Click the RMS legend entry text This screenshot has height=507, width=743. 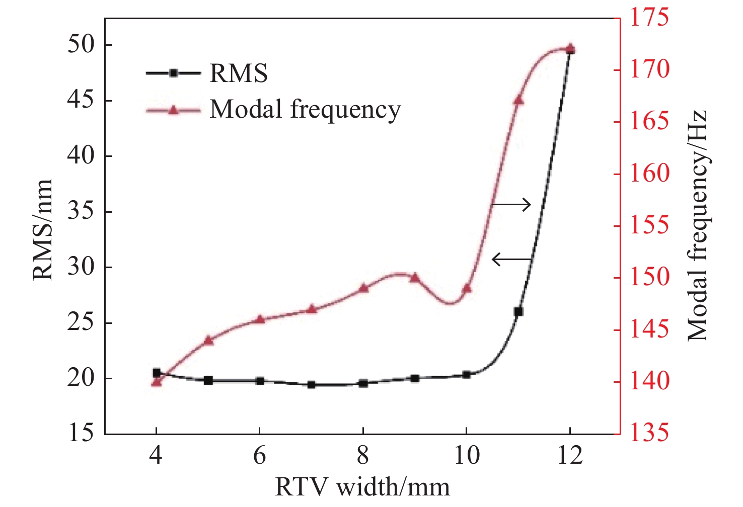pos(239,73)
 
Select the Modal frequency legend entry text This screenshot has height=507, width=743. pos(305,109)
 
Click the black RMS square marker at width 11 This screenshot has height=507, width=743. pos(518,312)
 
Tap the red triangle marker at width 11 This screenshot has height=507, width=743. pos(518,100)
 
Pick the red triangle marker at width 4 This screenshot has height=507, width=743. pos(157,382)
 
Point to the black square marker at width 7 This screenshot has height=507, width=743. pos(312,385)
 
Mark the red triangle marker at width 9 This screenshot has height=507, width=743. pos(415,277)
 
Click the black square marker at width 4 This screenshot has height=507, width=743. pos(157,373)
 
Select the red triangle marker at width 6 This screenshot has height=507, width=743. pos(260,319)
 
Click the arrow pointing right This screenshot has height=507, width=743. pos(511,204)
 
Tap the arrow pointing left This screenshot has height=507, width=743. pos(511,260)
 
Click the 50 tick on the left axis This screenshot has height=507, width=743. pos(81,45)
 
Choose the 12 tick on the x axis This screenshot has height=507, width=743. pos(570,456)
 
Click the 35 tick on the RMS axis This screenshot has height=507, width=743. pos(81,212)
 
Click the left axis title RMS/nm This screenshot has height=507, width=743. pos(43,229)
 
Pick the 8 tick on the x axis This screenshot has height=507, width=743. pos(363,456)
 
